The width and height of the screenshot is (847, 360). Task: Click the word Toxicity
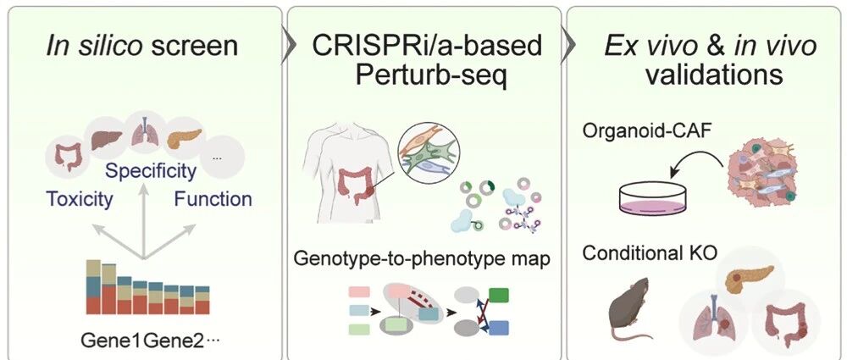[80, 199]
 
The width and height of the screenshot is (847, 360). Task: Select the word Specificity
[151, 171]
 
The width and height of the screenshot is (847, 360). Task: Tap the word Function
[213, 199]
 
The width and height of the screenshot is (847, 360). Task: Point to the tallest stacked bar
[93, 286]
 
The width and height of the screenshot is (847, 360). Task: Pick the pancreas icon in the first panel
[184, 138]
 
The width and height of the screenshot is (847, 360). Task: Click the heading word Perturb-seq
[430, 76]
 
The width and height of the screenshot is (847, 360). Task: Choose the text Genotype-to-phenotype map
[422, 259]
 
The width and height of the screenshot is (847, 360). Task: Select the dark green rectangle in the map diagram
[499, 295]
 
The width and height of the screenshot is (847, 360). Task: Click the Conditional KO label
[650, 253]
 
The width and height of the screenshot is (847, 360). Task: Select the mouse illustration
[633, 308]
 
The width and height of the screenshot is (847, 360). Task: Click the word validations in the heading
[714, 75]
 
